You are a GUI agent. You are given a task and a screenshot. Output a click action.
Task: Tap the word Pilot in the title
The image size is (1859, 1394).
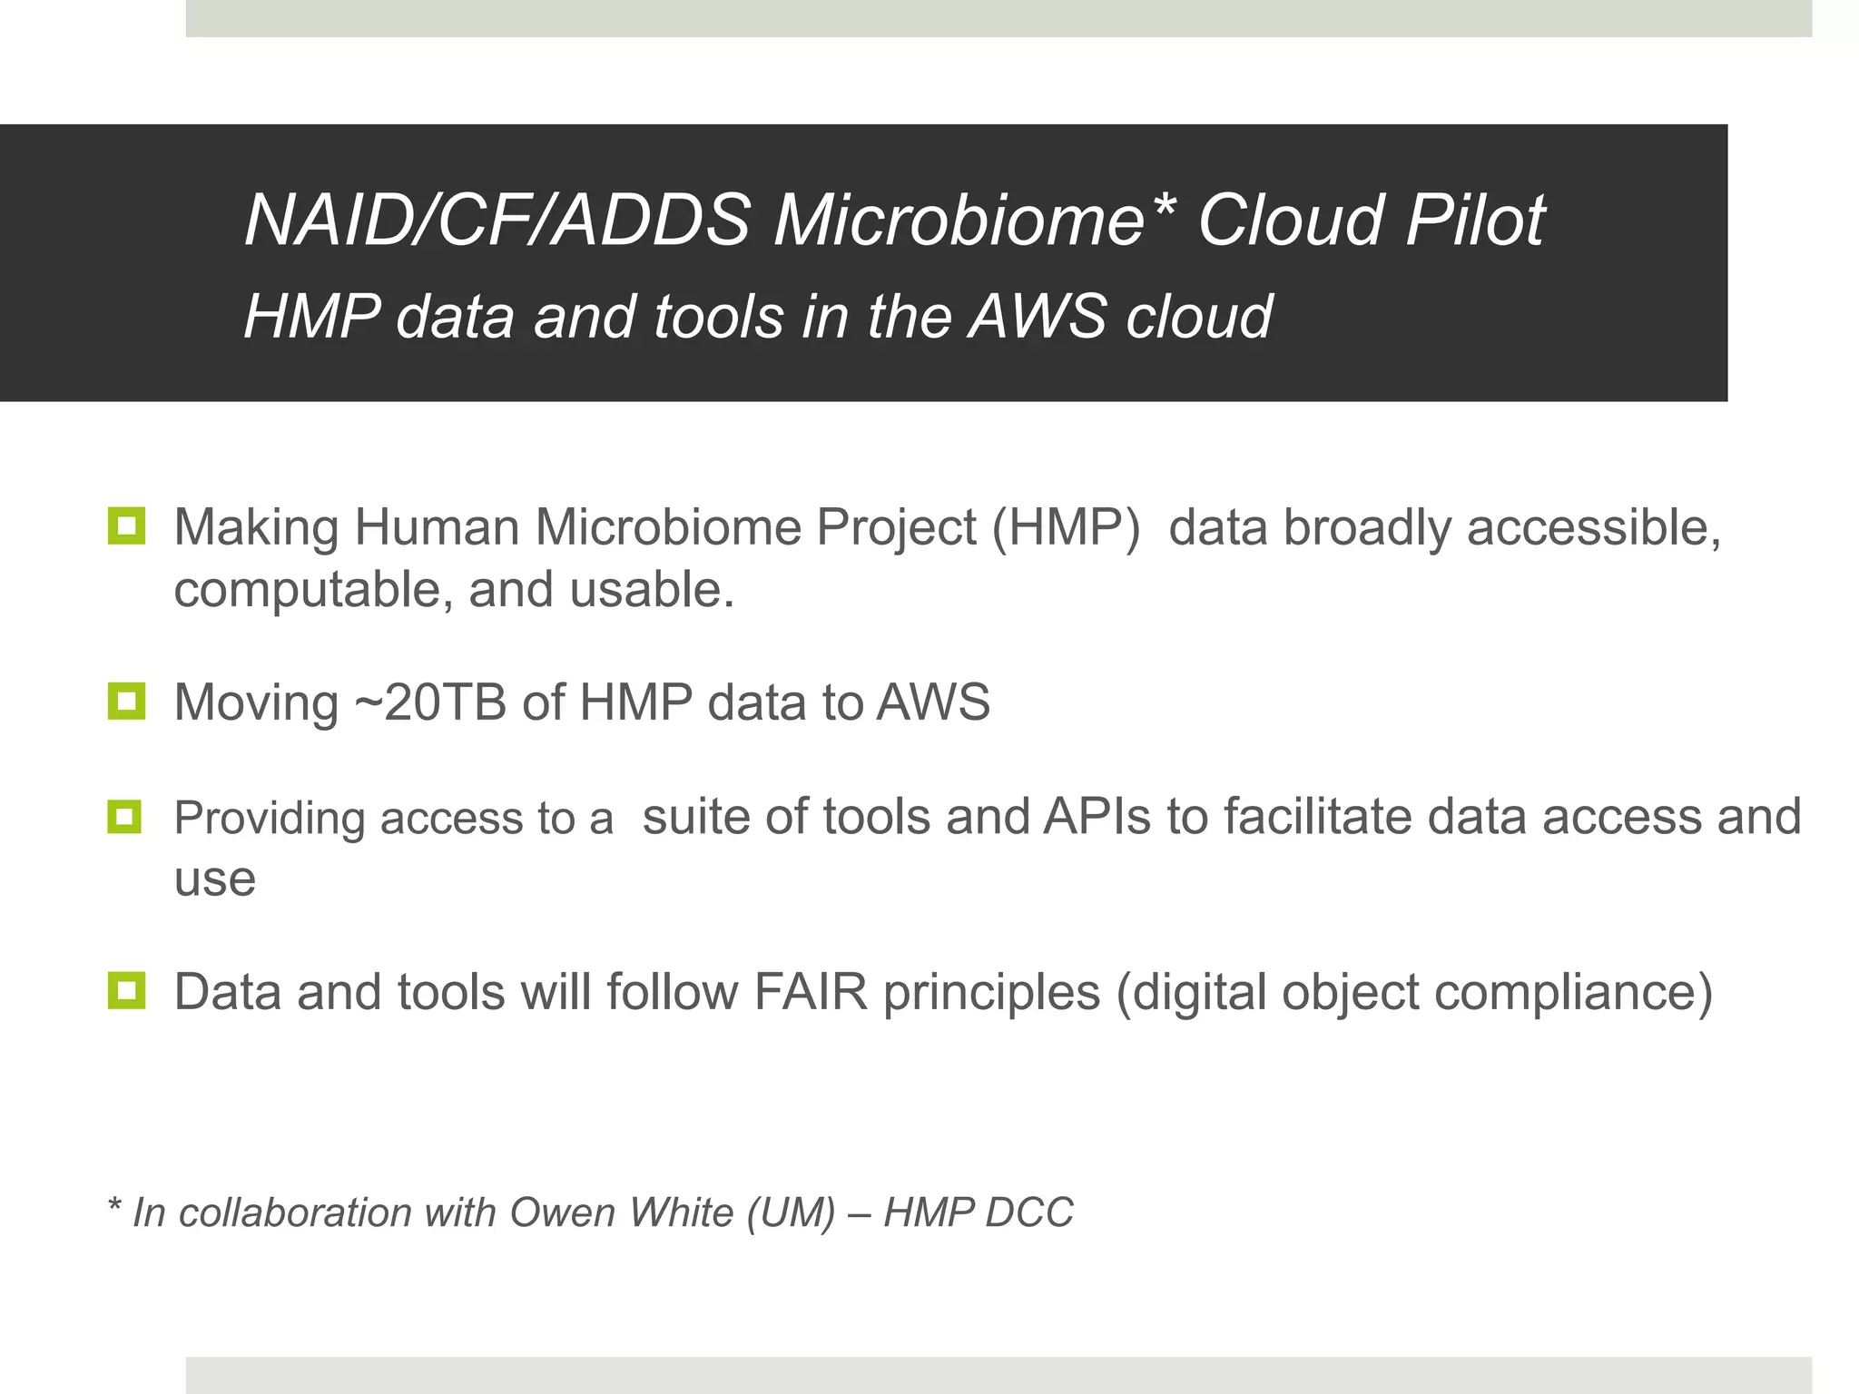point(1474,221)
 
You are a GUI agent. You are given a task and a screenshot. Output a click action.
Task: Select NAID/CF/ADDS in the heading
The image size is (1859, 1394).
point(497,221)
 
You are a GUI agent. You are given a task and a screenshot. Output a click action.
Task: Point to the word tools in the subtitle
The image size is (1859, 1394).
point(718,317)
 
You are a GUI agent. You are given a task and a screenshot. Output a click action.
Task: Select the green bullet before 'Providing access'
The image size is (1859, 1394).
point(125,816)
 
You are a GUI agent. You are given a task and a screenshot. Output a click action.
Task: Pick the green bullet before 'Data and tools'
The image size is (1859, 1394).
point(125,990)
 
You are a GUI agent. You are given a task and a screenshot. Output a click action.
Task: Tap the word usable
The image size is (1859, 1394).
point(652,590)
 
